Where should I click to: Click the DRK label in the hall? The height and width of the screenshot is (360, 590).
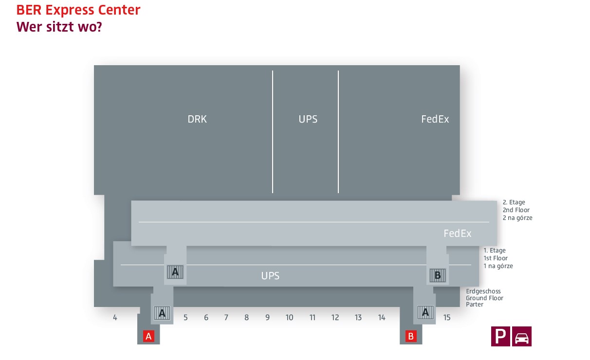pyautogui.click(x=197, y=119)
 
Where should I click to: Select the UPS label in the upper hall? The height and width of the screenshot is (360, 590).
pyautogui.click(x=308, y=119)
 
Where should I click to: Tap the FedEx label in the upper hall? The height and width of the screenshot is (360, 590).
pyautogui.click(x=435, y=119)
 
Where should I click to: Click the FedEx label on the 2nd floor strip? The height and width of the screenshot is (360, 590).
pyautogui.click(x=458, y=234)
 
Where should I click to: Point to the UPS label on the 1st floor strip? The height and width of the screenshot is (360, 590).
pyautogui.click(x=270, y=276)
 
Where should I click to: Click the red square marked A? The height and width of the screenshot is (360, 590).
pyautogui.click(x=149, y=336)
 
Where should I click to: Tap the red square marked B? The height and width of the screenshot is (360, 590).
pyautogui.click(x=411, y=336)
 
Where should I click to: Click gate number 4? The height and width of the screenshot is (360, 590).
pyautogui.click(x=115, y=318)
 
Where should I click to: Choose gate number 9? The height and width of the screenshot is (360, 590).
pyautogui.click(x=267, y=318)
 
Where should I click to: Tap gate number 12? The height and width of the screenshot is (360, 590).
pyautogui.click(x=335, y=318)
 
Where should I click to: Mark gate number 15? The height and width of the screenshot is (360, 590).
pyautogui.click(x=447, y=318)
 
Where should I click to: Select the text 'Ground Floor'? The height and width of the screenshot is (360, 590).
pyautogui.click(x=484, y=298)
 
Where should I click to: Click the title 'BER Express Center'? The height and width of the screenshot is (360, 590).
pyautogui.click(x=78, y=10)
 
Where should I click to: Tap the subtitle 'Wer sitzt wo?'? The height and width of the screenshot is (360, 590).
pyautogui.click(x=59, y=27)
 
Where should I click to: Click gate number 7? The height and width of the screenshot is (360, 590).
pyautogui.click(x=226, y=318)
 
